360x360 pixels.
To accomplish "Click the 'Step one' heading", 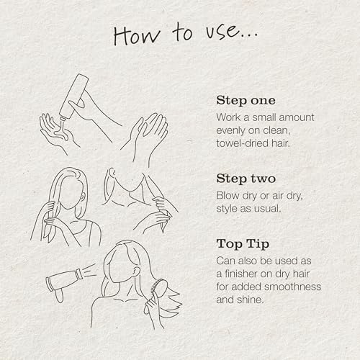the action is (246, 100).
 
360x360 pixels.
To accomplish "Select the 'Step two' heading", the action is (246, 179).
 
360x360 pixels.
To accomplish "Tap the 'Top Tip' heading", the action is (243, 244).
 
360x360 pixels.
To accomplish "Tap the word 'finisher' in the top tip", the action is (240, 274).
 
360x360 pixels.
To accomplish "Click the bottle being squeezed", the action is (74, 96).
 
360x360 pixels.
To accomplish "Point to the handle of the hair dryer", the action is (59, 295).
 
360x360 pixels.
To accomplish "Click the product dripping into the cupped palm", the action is (63, 130).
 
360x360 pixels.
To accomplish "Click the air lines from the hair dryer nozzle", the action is (90, 270).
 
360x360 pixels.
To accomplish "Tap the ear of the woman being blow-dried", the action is (135, 272).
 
